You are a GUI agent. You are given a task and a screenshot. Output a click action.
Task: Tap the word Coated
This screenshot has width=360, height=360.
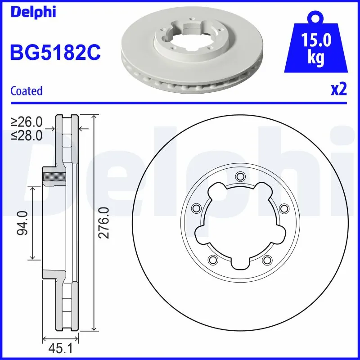click(x=26, y=91)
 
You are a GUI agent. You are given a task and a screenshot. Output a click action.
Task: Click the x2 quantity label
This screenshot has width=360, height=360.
click(x=338, y=90)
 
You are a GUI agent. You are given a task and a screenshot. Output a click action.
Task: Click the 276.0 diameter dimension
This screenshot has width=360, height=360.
click(x=104, y=222)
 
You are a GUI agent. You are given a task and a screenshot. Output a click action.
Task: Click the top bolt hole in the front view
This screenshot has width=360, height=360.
click(x=239, y=175)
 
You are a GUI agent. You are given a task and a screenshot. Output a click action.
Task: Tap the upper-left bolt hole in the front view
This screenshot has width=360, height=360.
click(x=196, y=208)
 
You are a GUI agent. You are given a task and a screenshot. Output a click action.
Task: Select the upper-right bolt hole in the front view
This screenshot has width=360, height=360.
click(x=283, y=208)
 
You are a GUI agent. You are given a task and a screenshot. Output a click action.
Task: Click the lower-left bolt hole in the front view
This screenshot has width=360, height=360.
click(x=212, y=259)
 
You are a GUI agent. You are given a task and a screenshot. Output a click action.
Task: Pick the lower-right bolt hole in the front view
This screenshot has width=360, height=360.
click(x=267, y=259)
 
